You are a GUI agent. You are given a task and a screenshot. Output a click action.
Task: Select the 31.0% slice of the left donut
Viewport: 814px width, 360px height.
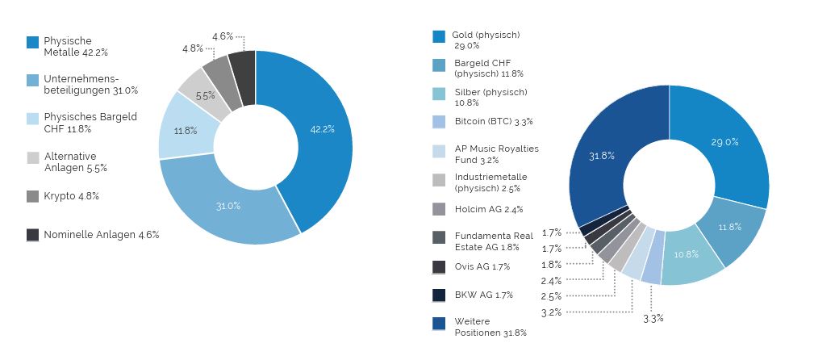(228, 206)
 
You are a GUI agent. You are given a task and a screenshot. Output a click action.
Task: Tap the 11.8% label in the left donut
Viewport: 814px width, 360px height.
(186, 131)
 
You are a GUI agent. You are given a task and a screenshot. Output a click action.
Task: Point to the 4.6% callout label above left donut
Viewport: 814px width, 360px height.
(223, 36)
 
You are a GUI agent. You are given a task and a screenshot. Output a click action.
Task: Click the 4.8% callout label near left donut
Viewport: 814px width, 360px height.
(193, 48)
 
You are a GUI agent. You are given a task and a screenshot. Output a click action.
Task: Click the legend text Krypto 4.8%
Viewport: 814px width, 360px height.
(71, 196)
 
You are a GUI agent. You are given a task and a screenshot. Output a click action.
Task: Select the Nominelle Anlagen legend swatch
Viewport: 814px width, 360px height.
(33, 235)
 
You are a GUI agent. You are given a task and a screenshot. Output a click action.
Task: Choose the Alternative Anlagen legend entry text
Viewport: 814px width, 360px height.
(75, 162)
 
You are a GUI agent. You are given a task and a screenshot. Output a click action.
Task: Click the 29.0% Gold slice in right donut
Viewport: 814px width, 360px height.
(724, 142)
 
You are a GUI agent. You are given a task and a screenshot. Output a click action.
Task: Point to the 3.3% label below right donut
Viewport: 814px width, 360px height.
(653, 318)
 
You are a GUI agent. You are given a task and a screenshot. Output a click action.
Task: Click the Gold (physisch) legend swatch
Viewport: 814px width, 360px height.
(439, 36)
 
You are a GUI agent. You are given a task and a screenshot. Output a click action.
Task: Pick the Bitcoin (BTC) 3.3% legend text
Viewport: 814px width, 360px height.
(492, 122)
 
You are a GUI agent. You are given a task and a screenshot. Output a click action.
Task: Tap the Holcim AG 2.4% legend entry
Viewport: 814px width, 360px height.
(487, 209)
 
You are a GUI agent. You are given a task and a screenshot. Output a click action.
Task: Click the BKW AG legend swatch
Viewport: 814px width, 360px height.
(439, 295)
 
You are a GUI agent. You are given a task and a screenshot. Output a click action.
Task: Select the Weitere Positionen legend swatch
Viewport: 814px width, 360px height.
(439, 323)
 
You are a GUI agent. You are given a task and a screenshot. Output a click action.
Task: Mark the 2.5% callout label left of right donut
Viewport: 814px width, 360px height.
(552, 296)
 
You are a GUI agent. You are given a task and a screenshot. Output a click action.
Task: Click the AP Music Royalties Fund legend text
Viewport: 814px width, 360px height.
(495, 154)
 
